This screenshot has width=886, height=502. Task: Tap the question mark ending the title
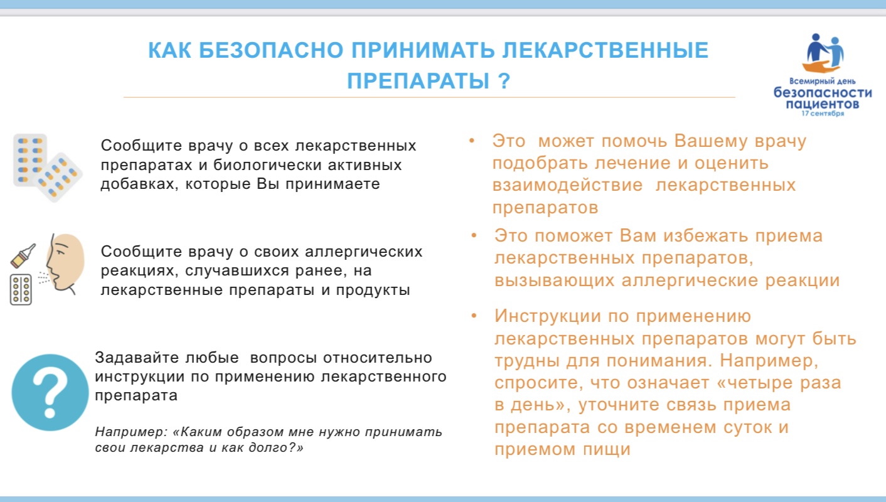click(504, 81)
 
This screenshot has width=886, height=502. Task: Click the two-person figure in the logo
click(823, 53)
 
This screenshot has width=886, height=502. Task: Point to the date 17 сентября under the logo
click(823, 114)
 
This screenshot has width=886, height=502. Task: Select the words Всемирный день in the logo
click(823, 81)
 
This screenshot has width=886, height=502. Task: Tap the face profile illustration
click(65, 264)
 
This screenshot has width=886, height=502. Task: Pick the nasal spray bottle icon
click(23, 255)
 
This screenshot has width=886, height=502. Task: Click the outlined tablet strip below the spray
click(21, 289)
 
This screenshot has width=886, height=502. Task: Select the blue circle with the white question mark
click(50, 392)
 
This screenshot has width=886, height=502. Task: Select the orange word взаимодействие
click(567, 185)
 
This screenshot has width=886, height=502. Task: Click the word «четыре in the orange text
click(754, 383)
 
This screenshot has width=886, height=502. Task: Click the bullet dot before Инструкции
click(474, 316)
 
